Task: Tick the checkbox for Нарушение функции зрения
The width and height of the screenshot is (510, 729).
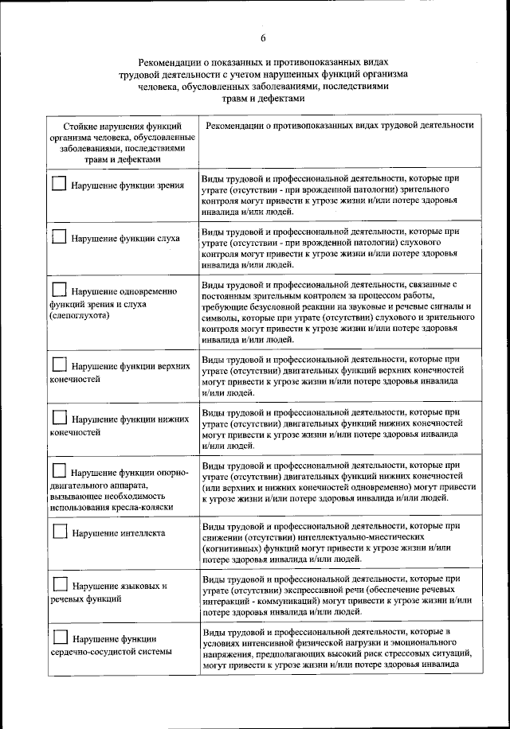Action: click(x=60, y=183)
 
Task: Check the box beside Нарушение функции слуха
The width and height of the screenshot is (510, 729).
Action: click(x=60, y=236)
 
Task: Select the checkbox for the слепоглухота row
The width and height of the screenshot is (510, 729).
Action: click(x=60, y=289)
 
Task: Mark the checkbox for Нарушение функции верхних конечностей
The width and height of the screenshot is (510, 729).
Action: click(x=60, y=364)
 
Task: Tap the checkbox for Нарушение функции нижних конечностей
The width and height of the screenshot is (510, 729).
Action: click(x=60, y=417)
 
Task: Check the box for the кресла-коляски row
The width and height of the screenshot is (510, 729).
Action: click(x=60, y=470)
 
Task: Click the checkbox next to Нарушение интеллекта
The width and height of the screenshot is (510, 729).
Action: click(x=60, y=531)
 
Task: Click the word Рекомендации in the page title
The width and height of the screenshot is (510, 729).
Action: click(x=173, y=62)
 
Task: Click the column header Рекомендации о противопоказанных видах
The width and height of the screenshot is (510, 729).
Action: click(x=339, y=126)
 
